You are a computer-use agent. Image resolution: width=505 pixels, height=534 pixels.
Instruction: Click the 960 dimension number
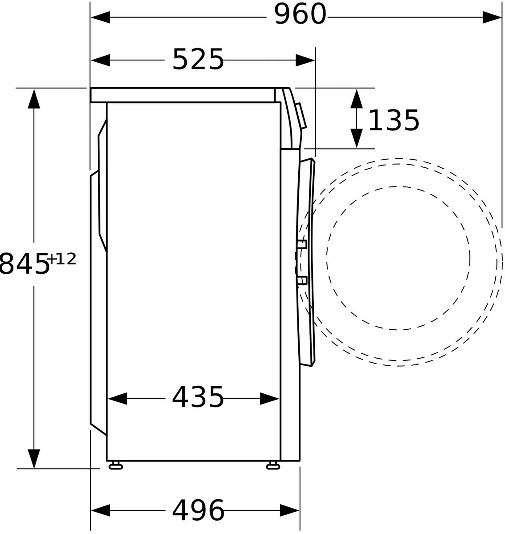pos(300,14)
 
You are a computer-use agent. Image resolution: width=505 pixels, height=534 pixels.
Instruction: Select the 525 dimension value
pos(198,60)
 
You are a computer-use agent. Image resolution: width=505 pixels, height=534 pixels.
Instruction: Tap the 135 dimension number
pos(394,120)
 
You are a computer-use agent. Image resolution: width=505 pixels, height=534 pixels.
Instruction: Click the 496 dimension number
pos(198,510)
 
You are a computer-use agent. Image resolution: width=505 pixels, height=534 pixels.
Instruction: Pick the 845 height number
pos(24,263)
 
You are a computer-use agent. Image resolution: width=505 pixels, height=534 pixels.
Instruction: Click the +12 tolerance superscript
pos(62,259)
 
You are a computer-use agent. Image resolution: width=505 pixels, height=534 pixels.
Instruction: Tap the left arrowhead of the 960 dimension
pos(100,17)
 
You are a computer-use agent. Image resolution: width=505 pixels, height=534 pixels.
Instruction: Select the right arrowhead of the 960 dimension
pos(492,17)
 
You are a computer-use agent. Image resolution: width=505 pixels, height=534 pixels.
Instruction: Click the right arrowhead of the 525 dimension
pos(305,60)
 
